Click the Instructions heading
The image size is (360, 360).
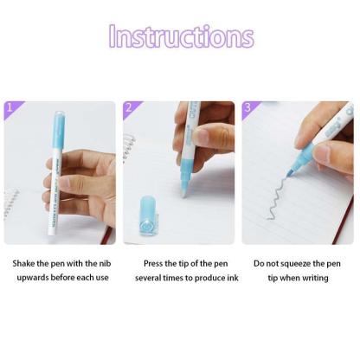tap(182, 36)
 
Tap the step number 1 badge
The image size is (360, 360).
tap(10, 107)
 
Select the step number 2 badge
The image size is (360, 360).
tap(129, 107)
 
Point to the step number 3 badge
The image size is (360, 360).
tap(247, 107)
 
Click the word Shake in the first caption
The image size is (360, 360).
tap(24, 263)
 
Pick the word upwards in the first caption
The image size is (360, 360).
tap(33, 278)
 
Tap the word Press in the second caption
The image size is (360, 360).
tap(153, 263)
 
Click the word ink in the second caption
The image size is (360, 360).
tap(233, 278)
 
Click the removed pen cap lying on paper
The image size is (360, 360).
tap(148, 216)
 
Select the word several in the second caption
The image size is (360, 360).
tap(148, 278)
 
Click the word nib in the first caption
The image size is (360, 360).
tap(105, 263)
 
